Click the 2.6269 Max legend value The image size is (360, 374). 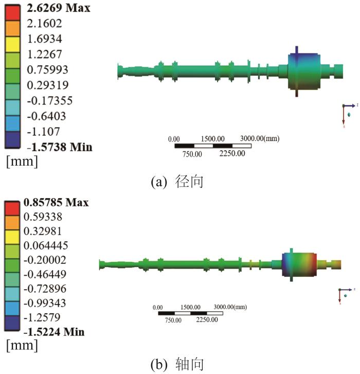coord(59,8)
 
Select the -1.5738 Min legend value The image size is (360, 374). coord(60,147)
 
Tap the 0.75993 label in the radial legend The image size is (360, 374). coord(48,69)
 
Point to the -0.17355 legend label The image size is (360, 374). coord(49,100)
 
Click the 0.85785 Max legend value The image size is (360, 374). coord(56,202)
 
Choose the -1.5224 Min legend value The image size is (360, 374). coord(54,331)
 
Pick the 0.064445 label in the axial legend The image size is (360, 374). coord(46,245)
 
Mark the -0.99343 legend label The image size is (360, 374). coord(45,303)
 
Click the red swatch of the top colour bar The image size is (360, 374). coord(12,13)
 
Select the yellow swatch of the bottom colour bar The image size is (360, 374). coord(12,237)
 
